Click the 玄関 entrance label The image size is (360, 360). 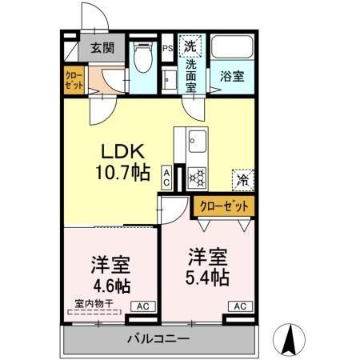coord(102,47)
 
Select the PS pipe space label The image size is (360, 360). coord(168,48)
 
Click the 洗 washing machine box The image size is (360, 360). coord(192,45)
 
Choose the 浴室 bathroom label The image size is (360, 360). coord(232,77)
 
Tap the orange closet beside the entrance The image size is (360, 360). coord(74,80)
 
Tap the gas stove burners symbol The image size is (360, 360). coord(197,175)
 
